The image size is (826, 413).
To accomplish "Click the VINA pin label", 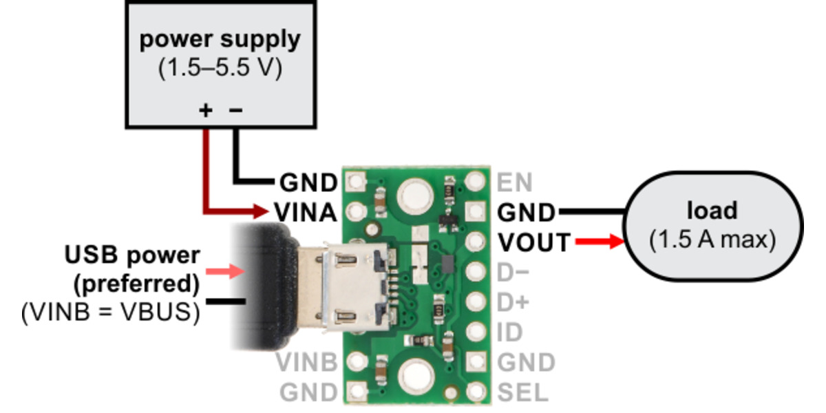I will click(x=306, y=212).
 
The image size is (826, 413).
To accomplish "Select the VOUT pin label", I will click(x=534, y=242).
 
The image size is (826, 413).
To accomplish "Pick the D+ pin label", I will click(x=513, y=302).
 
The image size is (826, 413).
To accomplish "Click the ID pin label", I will click(x=509, y=332).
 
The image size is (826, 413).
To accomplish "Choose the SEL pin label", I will click(x=522, y=392).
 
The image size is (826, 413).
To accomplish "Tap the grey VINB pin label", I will click(x=306, y=362).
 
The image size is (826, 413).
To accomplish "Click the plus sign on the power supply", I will click(x=205, y=110).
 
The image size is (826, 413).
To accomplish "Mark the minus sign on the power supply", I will click(x=235, y=110).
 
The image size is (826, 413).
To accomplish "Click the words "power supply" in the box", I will click(x=220, y=40).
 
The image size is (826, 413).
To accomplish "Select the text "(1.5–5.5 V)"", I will click(x=220, y=70).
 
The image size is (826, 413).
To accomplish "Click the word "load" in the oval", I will click(x=712, y=210).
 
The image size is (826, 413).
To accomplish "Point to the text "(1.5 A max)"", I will click(x=712, y=240).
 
